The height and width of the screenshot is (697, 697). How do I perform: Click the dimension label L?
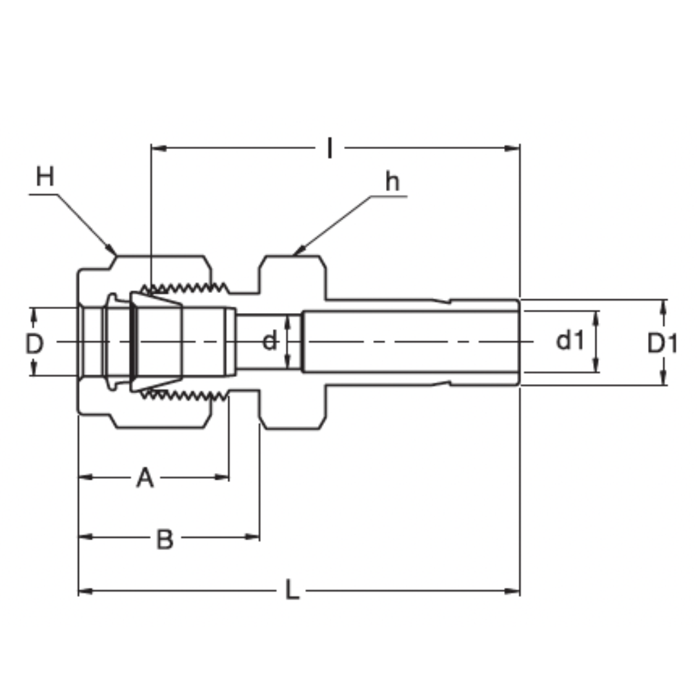click(292, 591)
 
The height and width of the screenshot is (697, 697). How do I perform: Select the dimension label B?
click(165, 539)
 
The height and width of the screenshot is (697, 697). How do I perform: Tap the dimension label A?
click(145, 478)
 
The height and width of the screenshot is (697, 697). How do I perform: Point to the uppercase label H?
click(45, 176)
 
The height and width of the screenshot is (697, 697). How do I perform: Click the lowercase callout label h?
click(392, 183)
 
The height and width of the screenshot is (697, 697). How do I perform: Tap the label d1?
click(570, 340)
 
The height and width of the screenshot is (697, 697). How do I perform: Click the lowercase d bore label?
click(270, 341)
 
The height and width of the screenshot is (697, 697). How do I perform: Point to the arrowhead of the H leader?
click(113, 250)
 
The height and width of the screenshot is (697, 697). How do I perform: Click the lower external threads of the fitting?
click(187, 394)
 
